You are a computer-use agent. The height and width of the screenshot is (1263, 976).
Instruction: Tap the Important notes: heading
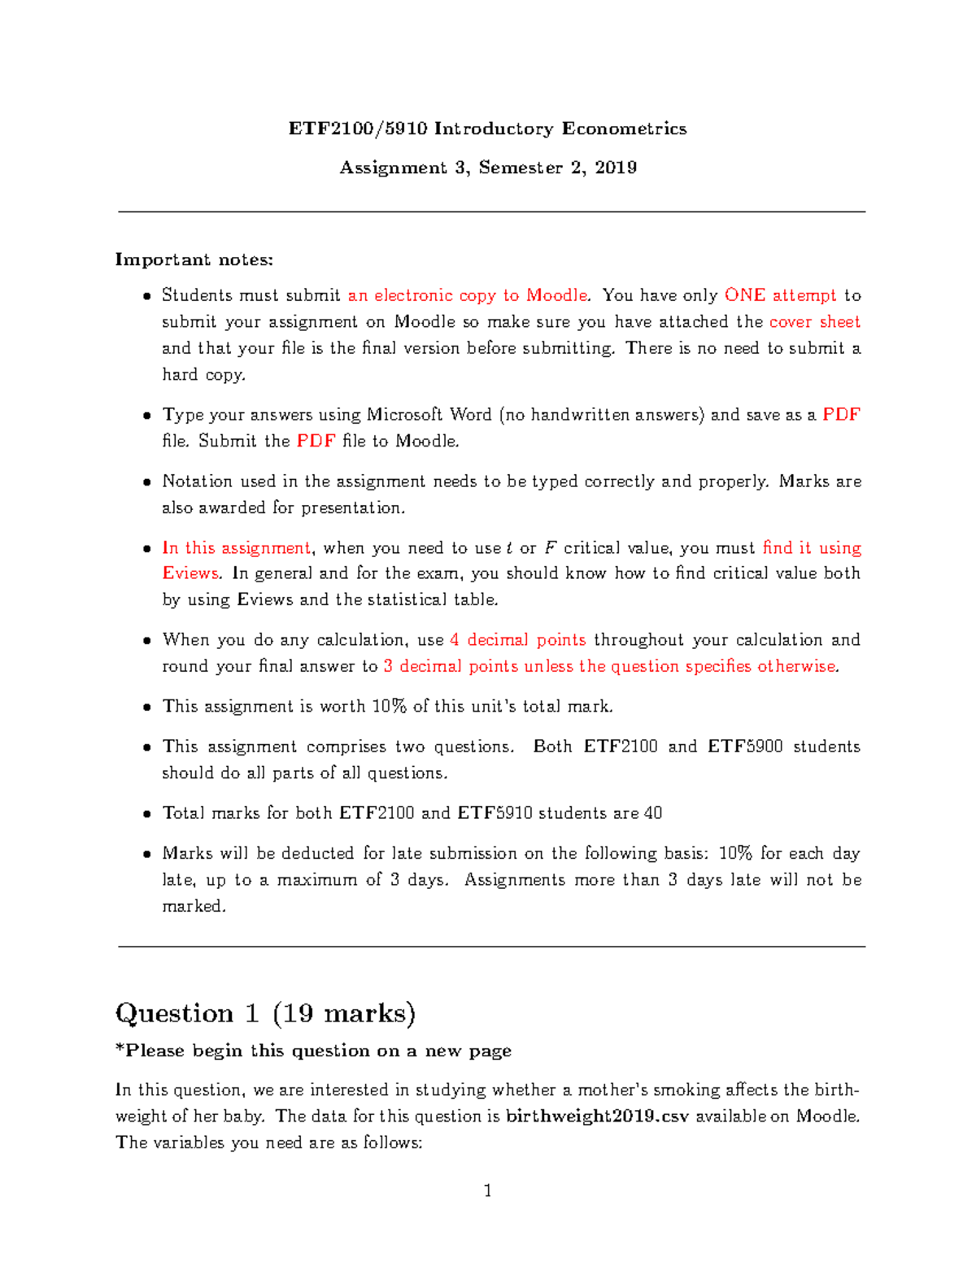tap(194, 259)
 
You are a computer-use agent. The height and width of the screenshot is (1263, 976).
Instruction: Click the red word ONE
tap(744, 295)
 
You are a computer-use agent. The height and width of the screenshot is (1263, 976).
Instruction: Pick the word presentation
tap(352, 507)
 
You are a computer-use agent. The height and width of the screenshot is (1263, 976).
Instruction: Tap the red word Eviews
tap(190, 573)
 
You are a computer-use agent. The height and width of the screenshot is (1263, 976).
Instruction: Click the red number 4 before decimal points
tap(455, 640)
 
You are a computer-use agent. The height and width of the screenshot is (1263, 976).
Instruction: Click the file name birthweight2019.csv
tap(597, 1117)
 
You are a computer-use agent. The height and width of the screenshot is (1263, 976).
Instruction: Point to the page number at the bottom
tap(488, 1191)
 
